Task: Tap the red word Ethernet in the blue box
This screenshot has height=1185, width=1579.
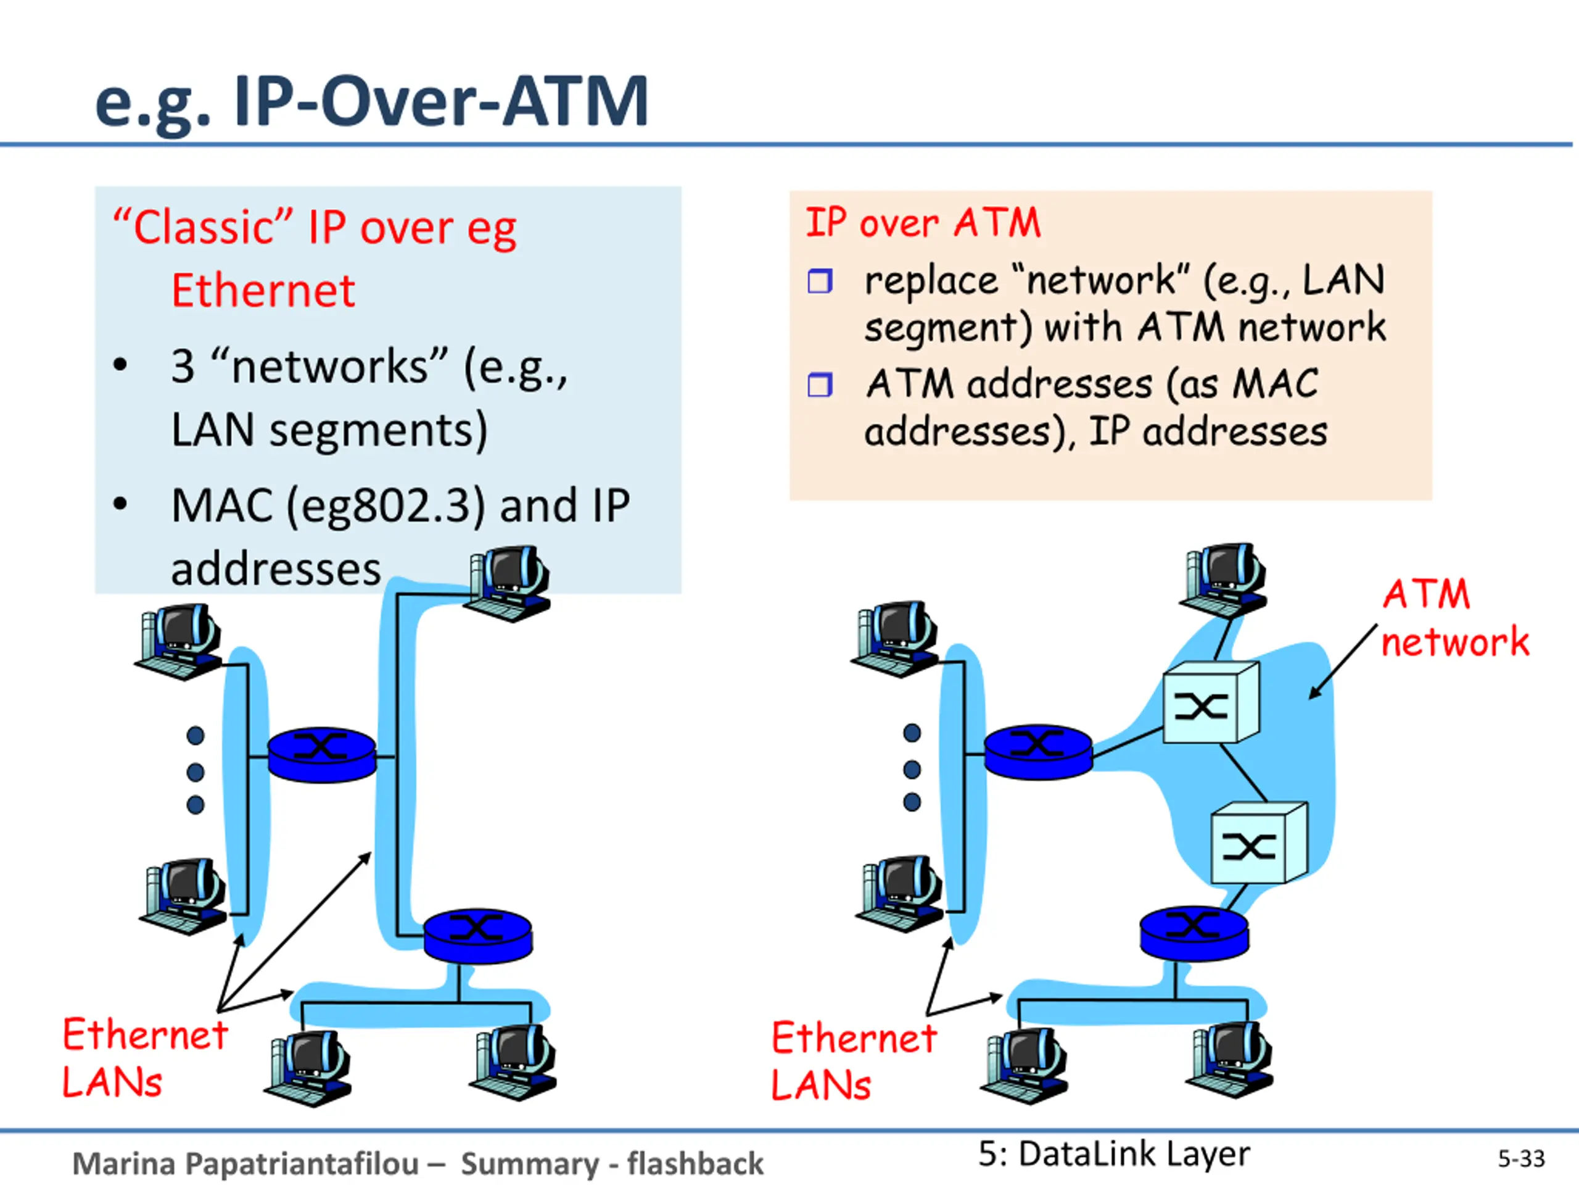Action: [x=263, y=291]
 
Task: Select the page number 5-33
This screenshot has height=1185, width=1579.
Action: [x=1520, y=1158]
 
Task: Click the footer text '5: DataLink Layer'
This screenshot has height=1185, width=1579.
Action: [x=1113, y=1154]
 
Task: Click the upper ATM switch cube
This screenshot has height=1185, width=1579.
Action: [x=1210, y=703]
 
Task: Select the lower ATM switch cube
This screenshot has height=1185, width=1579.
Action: [x=1258, y=843]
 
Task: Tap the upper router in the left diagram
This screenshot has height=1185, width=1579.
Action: [x=321, y=755]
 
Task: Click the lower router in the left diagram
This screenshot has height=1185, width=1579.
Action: [x=477, y=935]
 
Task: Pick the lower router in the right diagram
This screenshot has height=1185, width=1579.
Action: [x=1194, y=932]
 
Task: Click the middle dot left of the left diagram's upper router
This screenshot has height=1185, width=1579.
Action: [x=195, y=772]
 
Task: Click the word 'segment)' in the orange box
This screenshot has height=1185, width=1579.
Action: [x=948, y=328]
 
